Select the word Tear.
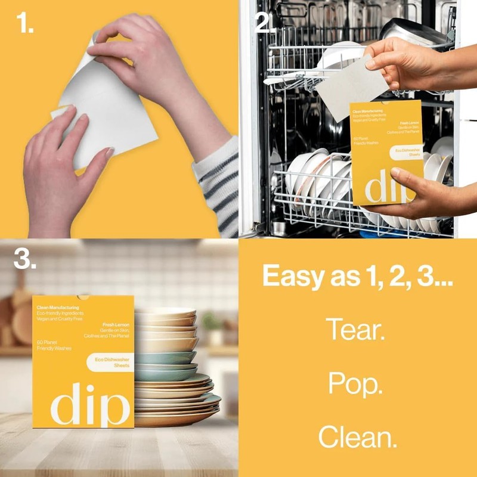click(355, 330)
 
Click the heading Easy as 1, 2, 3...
click(358, 276)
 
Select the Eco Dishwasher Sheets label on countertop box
click(109, 361)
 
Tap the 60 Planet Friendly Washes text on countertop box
click(54, 345)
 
